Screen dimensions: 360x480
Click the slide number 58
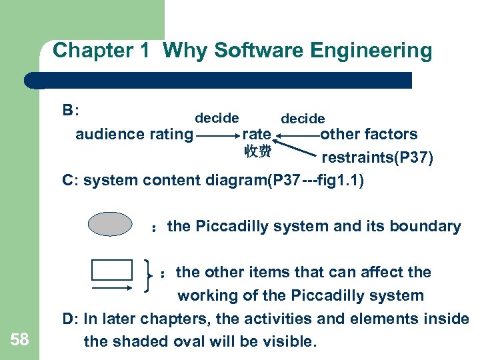20,341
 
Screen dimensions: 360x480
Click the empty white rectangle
112,270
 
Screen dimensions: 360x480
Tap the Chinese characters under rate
258,151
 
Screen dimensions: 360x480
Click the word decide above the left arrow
217,118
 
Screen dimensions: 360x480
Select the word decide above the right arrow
303,119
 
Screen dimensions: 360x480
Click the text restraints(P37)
377,158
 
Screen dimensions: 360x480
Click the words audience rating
134,135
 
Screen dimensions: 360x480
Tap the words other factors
369,134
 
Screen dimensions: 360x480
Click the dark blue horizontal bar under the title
220,80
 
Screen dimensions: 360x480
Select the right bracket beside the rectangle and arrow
148,275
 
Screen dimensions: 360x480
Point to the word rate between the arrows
257,135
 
